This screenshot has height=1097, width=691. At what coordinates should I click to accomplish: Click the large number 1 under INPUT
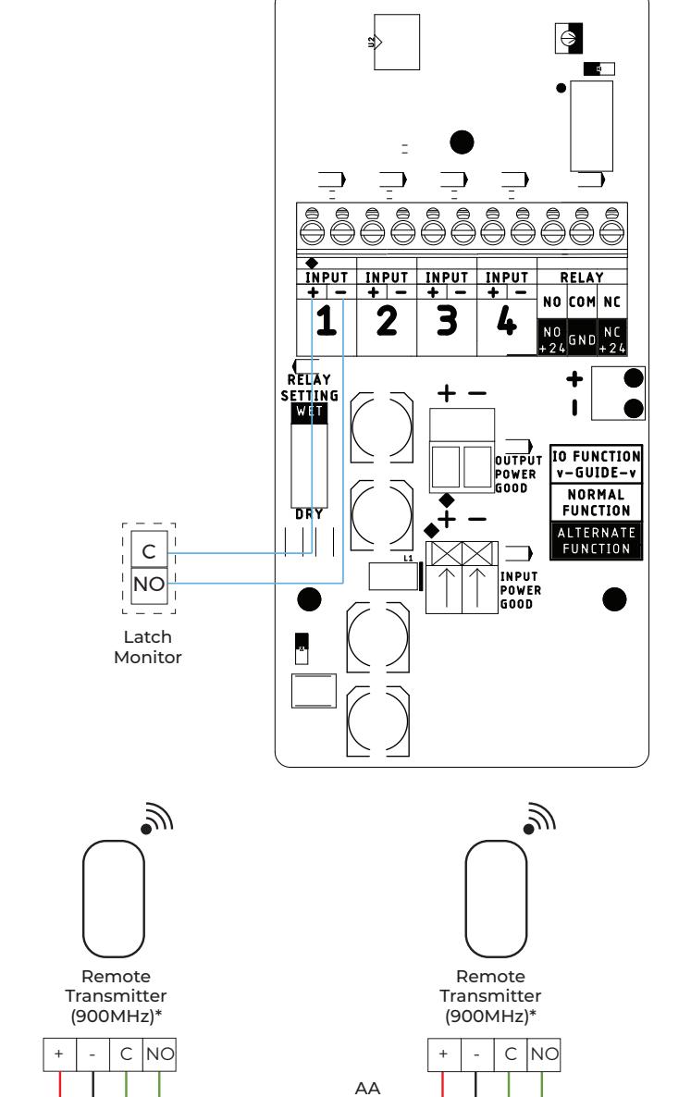coord(326,322)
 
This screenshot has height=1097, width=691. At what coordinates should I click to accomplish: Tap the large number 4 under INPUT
coord(506,321)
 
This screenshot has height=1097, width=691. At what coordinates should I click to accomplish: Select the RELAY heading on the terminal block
coord(581,277)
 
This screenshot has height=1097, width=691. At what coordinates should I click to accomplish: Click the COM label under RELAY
coord(582,302)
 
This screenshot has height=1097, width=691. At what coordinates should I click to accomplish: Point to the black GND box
coord(582,340)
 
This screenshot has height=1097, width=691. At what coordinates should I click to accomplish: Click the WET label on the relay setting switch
coord(309,412)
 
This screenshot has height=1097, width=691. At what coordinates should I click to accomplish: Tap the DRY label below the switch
coord(309,514)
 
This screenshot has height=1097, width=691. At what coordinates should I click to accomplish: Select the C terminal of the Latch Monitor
coord(149,550)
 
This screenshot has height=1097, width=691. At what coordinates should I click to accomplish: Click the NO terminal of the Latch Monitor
coord(149,585)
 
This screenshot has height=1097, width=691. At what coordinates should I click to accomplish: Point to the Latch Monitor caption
coord(148,647)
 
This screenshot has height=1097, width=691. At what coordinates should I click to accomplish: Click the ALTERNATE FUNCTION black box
coord(596,540)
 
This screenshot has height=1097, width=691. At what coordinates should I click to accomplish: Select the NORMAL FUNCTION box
coord(596,502)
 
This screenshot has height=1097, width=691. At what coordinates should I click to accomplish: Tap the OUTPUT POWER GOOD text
coord(518,475)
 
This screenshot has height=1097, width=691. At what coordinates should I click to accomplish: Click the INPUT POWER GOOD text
coord(521,590)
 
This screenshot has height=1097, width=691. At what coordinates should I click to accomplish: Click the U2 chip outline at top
coord(397,42)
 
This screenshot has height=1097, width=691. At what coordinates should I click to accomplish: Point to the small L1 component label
coord(409,559)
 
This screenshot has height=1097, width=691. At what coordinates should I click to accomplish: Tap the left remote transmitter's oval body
coord(113,899)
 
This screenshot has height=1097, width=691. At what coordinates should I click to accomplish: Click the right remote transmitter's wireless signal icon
coord(539,819)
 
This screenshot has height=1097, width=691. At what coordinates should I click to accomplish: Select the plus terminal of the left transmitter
coord(59,1054)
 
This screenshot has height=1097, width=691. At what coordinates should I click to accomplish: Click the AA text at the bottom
coord(368,1088)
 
